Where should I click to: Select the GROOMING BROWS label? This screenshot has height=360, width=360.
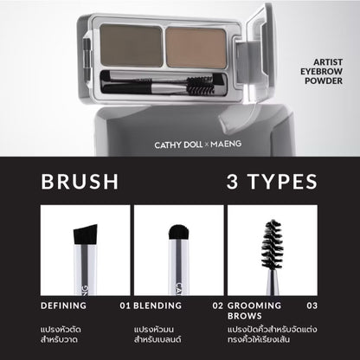256,312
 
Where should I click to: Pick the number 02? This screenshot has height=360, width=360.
218,305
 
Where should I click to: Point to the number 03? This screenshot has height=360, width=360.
312,305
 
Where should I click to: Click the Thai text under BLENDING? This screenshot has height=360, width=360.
161,336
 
